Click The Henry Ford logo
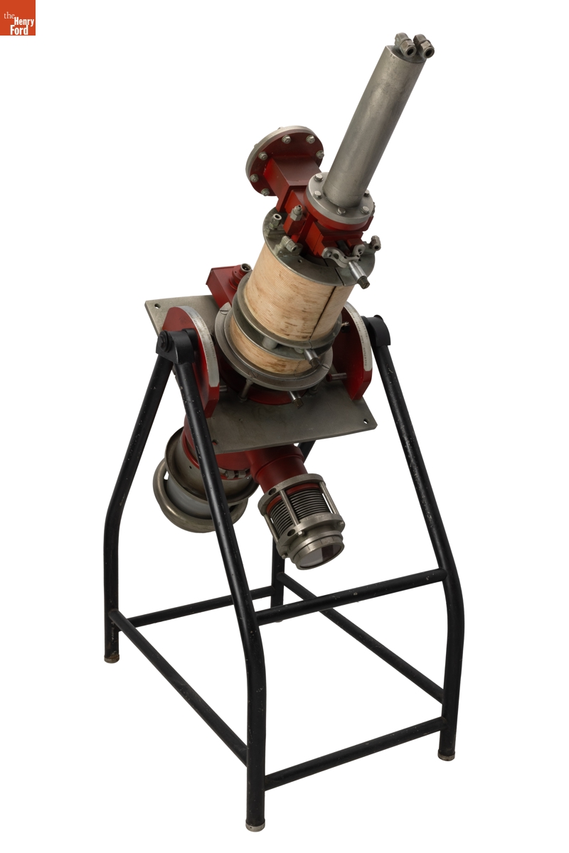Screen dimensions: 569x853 18,18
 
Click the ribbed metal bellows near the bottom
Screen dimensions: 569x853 301,506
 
